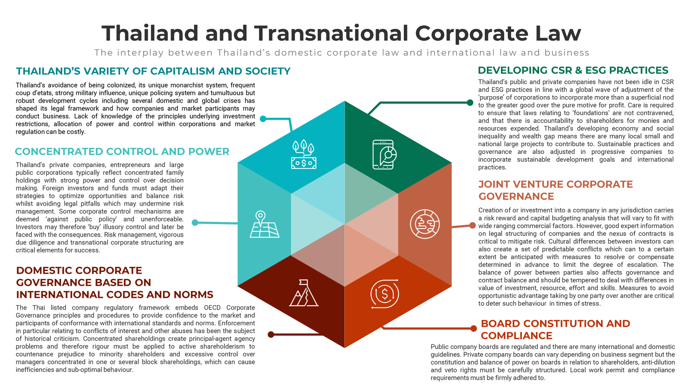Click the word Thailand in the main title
click(150, 33)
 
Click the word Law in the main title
click(558, 33)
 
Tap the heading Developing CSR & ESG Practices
click(573, 70)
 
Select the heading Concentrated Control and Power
click(122, 151)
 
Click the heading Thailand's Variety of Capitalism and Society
click(153, 71)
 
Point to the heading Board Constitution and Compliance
click(556, 329)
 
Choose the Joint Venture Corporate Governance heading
click(556, 190)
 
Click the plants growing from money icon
click(304, 154)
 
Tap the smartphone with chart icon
click(384, 154)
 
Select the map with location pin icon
click(264, 224)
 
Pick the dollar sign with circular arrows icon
click(385, 294)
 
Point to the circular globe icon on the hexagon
click(425, 224)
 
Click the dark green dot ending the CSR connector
click(470, 103)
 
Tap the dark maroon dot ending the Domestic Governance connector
click(271, 335)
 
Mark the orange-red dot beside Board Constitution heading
click(474, 329)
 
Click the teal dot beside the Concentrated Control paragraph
click(195, 222)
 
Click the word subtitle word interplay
click(140, 53)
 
